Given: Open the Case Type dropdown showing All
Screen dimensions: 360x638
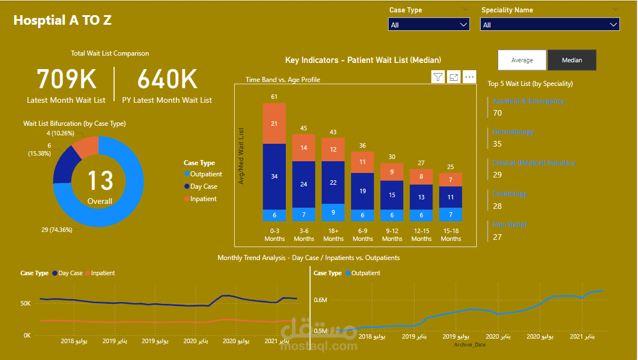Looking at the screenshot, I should click(429, 25).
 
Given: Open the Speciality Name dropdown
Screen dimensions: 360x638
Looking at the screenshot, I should click(550, 25).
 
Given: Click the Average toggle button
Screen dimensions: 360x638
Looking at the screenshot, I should click(522, 60).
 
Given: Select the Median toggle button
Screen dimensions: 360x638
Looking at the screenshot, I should click(572, 60).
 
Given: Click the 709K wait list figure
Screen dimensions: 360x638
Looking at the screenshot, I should click(66, 79).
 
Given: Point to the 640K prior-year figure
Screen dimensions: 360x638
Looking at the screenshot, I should click(167, 79).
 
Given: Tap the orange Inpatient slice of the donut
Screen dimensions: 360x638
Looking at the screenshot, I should click(85, 147).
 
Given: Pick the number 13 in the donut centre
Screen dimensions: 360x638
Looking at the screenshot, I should click(99, 181).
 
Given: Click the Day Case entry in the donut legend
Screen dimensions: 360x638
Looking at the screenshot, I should click(203, 186).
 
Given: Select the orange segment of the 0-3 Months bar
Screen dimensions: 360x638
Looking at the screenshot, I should click(274, 124).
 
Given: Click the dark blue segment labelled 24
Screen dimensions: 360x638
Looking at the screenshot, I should click(304, 184).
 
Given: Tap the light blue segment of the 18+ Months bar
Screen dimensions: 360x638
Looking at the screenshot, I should click(333, 212).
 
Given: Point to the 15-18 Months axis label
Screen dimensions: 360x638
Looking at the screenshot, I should click(451, 235).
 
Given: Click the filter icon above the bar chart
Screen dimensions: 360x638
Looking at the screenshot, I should click(438, 77).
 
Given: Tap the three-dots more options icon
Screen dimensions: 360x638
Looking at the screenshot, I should click(470, 77).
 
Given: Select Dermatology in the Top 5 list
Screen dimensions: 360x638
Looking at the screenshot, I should click(513, 132).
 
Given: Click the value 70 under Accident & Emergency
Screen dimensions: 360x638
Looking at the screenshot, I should click(497, 113).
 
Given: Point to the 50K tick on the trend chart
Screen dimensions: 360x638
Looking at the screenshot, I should click(25, 304).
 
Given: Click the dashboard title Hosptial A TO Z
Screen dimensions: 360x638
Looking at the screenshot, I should click(62, 20).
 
